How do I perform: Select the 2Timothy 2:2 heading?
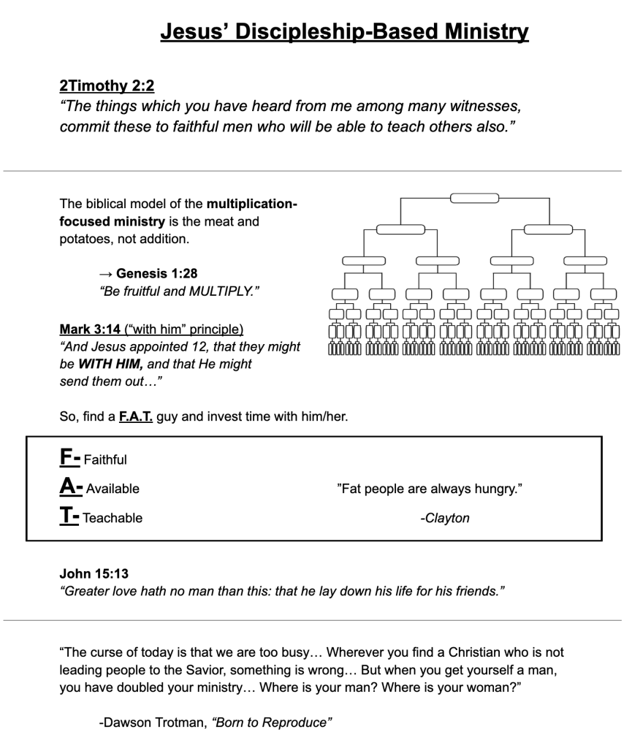106,85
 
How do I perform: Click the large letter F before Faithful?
66,458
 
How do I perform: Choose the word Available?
113,489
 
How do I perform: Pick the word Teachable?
113,518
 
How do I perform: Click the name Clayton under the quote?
447,518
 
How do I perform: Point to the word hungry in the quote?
497,489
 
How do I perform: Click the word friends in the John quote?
474,591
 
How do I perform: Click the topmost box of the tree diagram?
474,198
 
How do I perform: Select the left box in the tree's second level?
400,229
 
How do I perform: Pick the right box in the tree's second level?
548,229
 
